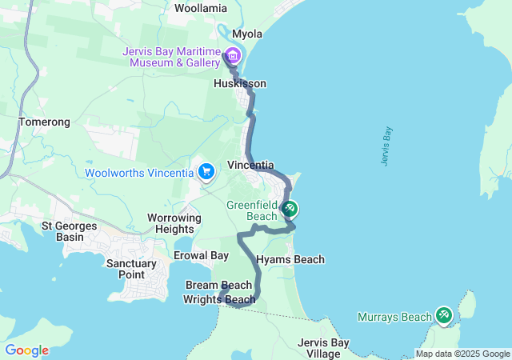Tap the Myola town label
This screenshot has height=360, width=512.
pyautogui.click(x=247, y=34)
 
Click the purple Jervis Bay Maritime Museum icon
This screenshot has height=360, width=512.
pyautogui.click(x=233, y=55)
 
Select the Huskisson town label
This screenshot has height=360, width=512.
pyautogui.click(x=240, y=83)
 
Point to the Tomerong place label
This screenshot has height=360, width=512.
pyautogui.click(x=44, y=122)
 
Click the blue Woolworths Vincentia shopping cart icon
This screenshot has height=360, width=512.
pyautogui.click(x=206, y=171)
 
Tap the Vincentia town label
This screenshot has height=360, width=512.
pyautogui.click(x=251, y=164)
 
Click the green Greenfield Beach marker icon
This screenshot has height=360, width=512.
pyautogui.click(x=290, y=210)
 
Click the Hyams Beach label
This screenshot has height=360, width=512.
pyautogui.click(x=290, y=259)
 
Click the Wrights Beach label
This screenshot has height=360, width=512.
pyautogui.click(x=219, y=300)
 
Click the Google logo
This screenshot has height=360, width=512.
pyautogui.click(x=26, y=350)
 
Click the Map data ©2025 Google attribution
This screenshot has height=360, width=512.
pyautogui.click(x=462, y=354)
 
